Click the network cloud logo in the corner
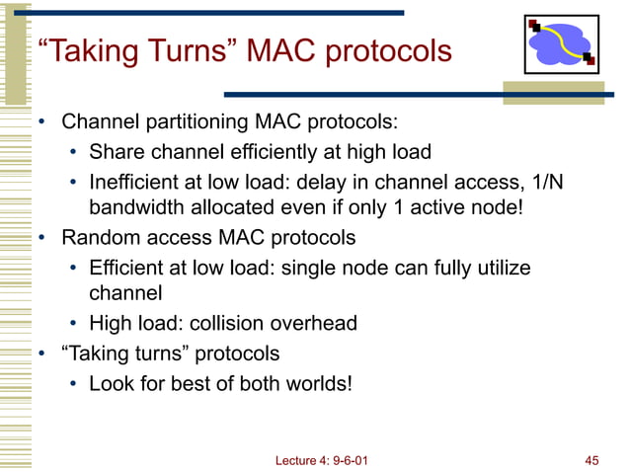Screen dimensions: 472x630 pyautogui.click(x=558, y=46)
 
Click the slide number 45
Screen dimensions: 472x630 pyautogui.click(x=592, y=459)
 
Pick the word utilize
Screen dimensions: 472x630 pyautogui.click(x=498, y=267)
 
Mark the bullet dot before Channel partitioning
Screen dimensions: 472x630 pyautogui.click(x=43, y=124)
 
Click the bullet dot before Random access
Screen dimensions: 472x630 pyautogui.click(x=43, y=238)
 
